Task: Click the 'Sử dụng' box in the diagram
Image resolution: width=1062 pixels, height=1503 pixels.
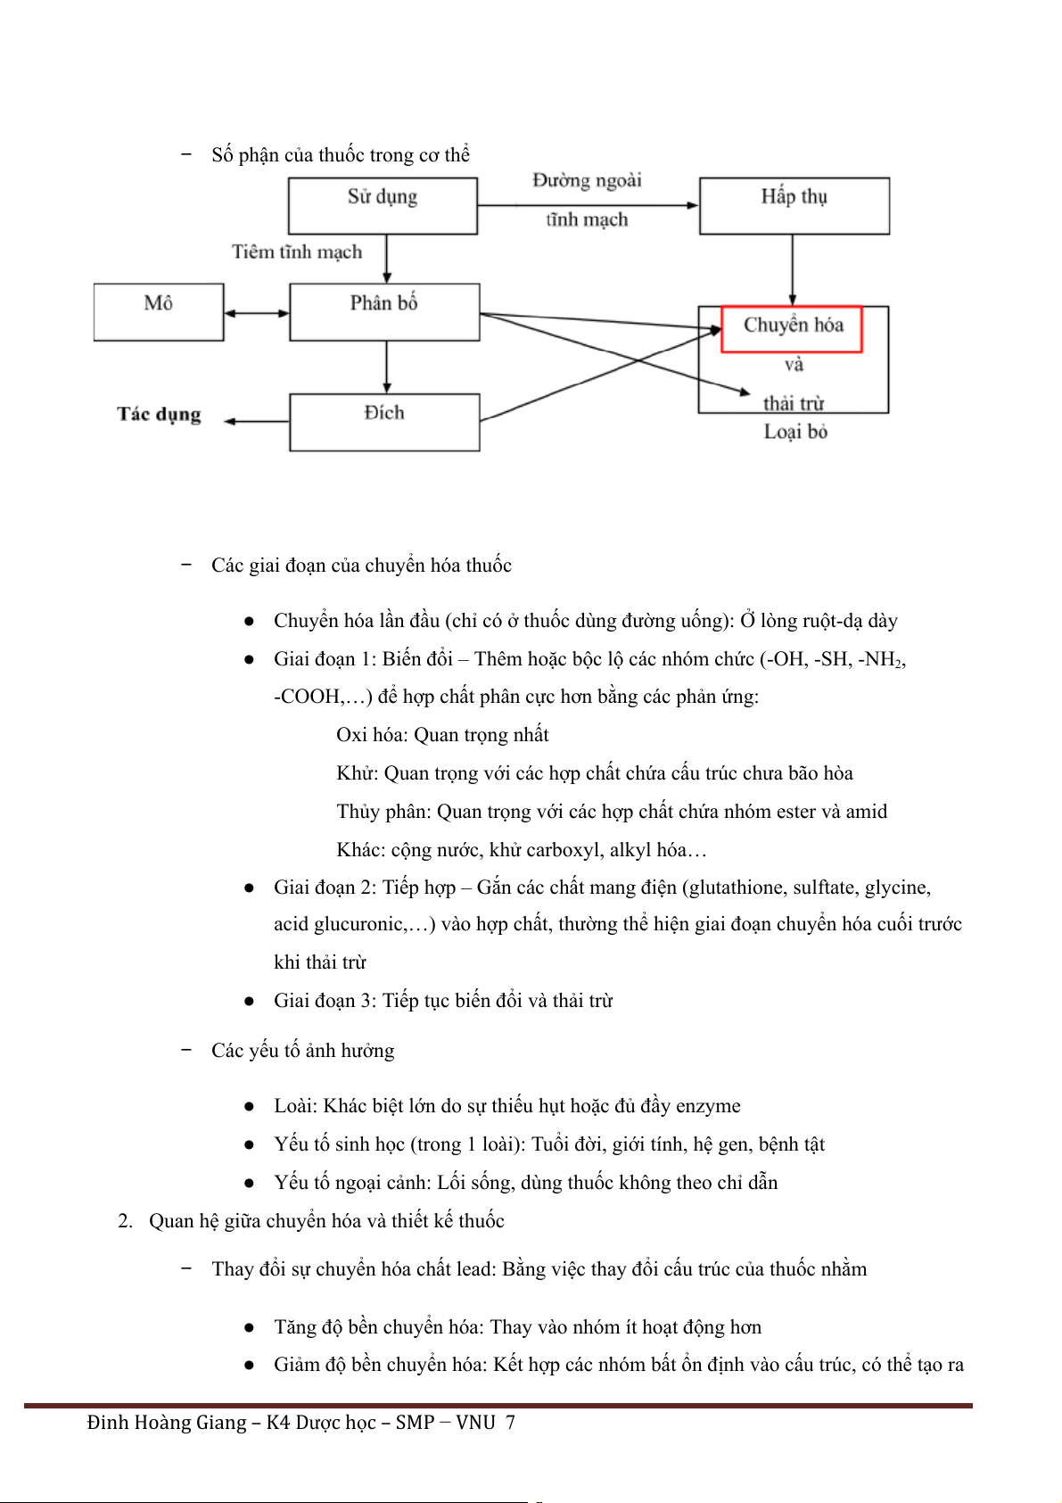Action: pos(383,205)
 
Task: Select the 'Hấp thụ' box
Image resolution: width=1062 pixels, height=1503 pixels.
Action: pos(794,205)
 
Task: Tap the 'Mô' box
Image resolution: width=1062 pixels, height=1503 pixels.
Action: pos(158,311)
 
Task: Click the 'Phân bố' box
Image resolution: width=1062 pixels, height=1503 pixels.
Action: pos(384,311)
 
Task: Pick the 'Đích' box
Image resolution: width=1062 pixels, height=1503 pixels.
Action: pos(384,422)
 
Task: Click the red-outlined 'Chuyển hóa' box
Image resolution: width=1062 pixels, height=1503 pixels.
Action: pos(792,328)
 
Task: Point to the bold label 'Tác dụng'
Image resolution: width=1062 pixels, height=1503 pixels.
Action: pos(159,414)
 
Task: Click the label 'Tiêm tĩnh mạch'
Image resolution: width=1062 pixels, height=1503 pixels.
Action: pos(297,252)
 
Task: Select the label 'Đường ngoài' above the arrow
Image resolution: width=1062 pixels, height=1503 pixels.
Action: pos(587,181)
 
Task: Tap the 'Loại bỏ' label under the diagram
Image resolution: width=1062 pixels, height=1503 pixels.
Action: pos(795,433)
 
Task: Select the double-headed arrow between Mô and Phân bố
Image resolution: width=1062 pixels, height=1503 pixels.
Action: pos(257,313)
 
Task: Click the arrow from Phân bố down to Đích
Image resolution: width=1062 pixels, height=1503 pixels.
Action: pos(386,367)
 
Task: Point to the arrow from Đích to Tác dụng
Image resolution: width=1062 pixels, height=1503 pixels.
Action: pos(257,421)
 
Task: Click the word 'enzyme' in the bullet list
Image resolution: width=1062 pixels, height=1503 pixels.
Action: pos(708,1106)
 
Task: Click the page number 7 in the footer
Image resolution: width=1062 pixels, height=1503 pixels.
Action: pos(510,1423)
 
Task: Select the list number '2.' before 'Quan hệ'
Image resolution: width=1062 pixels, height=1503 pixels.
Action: pos(125,1221)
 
